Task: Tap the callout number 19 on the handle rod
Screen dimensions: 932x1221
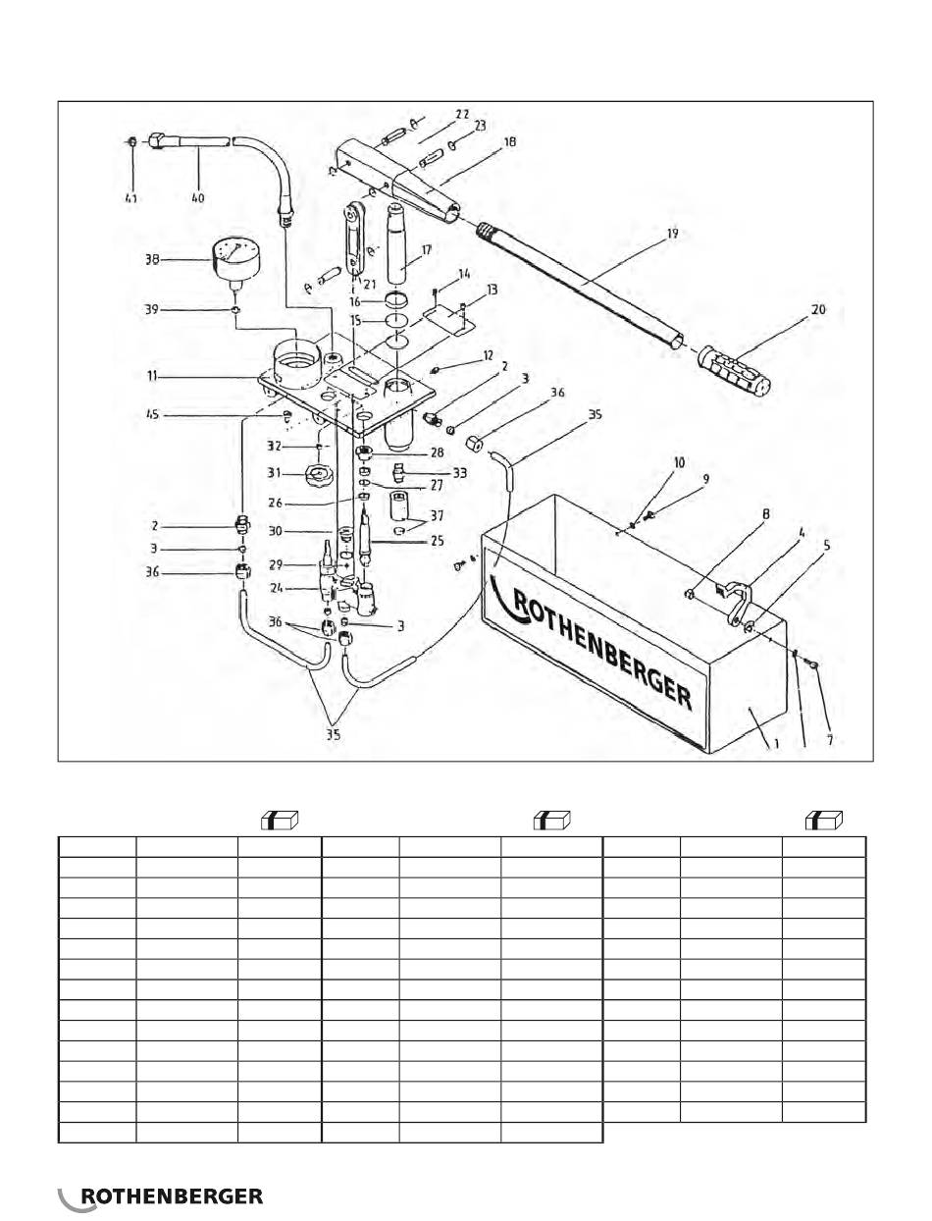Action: coord(672,234)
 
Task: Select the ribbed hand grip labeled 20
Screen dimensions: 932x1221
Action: coord(735,369)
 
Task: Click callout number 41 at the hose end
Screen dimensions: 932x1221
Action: coord(130,198)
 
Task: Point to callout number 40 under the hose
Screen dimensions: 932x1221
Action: coord(197,198)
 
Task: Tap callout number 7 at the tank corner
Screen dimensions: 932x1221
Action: coord(830,741)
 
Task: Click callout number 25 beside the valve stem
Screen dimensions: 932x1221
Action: coord(437,540)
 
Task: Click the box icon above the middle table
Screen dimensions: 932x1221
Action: coord(552,821)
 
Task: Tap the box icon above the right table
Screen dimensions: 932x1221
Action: coord(824,821)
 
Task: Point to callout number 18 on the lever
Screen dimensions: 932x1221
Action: coord(508,142)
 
